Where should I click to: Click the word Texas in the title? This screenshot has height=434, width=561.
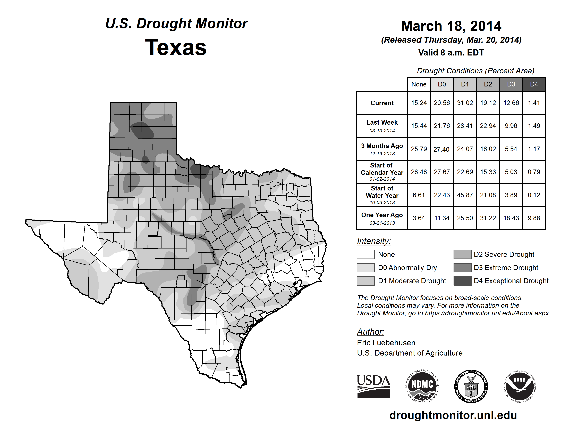pyautogui.click(x=176, y=47)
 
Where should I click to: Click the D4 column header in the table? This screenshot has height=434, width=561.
pyautogui.click(x=534, y=84)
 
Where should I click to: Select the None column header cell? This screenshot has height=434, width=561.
pyautogui.click(x=419, y=84)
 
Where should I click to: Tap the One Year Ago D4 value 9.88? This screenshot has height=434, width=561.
pyautogui.click(x=534, y=218)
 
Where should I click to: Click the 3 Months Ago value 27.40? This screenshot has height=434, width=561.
pyautogui.click(x=441, y=149)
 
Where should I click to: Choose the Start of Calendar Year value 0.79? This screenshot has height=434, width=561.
pyautogui.click(x=534, y=172)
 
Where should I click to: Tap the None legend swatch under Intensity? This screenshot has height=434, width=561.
pyautogui.click(x=365, y=254)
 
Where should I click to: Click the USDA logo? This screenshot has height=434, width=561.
pyautogui.click(x=373, y=386)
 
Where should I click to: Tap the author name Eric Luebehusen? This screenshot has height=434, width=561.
pyautogui.click(x=386, y=343)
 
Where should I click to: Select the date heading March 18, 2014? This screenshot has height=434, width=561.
pyautogui.click(x=451, y=26)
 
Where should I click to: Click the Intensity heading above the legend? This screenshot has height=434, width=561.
pyautogui.click(x=374, y=241)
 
